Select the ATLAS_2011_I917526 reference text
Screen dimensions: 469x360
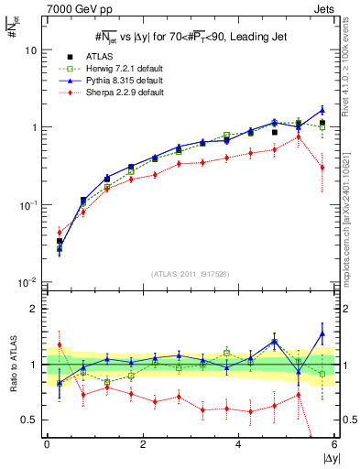tap(190, 274)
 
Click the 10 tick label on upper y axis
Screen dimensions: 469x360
tap(29, 50)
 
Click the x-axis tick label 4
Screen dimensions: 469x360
tap(238, 444)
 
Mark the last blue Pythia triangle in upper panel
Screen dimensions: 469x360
tap(322, 110)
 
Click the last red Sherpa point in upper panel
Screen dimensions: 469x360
tap(322, 167)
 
